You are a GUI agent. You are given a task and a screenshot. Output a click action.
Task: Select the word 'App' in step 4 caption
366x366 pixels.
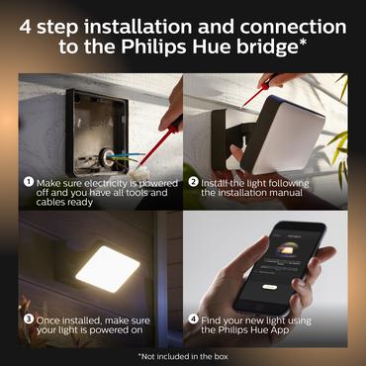pos(313,333)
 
